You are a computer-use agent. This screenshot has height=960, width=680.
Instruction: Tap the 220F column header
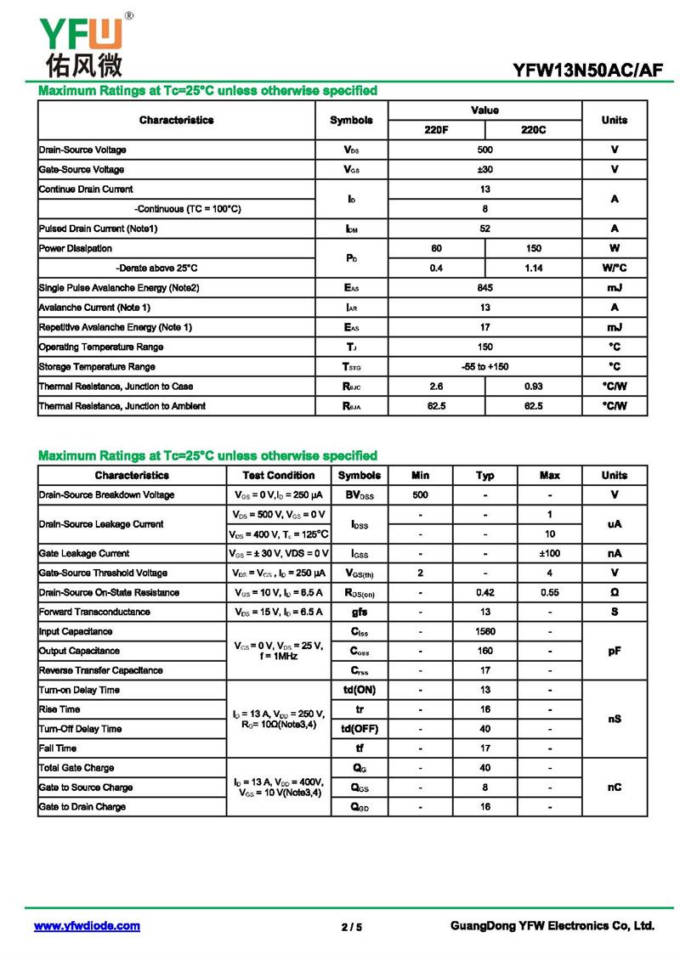[436, 130]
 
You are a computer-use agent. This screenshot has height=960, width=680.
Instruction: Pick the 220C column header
[533, 130]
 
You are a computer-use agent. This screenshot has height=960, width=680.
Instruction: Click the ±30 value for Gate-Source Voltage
[484, 169]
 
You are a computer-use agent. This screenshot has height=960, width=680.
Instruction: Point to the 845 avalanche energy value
[484, 288]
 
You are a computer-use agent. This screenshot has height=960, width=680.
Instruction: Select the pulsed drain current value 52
[484, 229]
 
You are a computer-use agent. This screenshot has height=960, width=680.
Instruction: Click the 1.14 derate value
[533, 268]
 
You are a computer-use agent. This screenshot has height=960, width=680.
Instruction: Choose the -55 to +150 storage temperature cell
[484, 367]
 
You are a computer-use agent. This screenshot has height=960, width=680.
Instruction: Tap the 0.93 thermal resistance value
[533, 387]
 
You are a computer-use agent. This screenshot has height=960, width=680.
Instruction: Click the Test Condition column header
[278, 476]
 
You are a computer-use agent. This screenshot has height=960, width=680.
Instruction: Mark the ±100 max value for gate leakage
[550, 553]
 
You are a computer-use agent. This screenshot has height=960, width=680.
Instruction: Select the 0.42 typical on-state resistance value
[484, 592]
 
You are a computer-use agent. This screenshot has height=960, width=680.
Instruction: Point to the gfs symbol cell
[359, 612]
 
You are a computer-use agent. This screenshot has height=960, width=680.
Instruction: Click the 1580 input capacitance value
[484, 631]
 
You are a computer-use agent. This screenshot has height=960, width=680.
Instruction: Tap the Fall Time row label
[58, 748]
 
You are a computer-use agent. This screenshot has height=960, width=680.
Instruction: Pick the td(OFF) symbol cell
[359, 729]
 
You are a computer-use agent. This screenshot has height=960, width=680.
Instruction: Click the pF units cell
[614, 651]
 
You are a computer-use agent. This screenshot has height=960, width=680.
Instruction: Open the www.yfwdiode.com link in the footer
[87, 926]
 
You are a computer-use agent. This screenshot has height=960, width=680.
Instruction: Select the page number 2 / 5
[351, 927]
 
